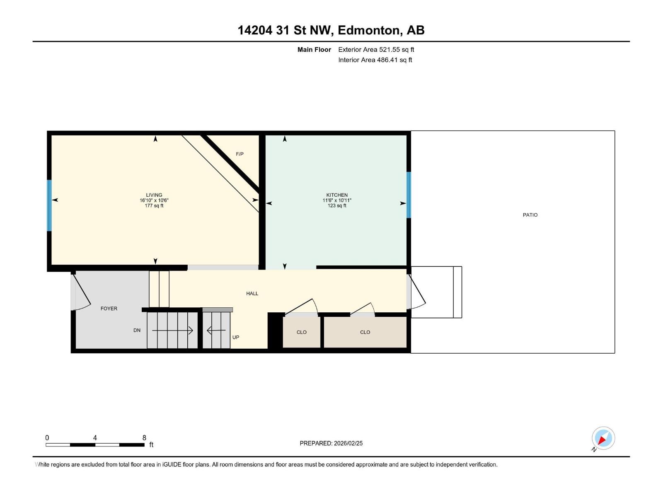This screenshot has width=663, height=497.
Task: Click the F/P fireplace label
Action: pos(240,154)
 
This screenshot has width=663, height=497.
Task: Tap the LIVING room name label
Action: pos(154,195)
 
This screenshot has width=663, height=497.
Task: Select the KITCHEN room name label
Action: pos(337,195)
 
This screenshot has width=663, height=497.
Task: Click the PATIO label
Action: pos(530,215)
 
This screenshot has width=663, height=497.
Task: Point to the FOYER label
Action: pos(109,309)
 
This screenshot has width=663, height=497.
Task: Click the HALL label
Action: pos(252,294)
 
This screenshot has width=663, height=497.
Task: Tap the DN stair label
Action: pos(137,330)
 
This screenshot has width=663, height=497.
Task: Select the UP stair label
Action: pos(236,337)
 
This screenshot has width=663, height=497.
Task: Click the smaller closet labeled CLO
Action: pos(302,332)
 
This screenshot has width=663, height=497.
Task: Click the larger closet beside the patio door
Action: pos(365,332)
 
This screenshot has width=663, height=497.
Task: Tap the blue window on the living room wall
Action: pos(49,205)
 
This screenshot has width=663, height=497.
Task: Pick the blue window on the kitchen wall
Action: pos(409,195)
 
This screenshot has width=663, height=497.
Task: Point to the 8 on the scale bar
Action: pos(144,438)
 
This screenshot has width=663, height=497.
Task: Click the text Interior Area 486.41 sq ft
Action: pos(375,60)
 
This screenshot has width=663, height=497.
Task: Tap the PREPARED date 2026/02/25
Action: pos(347,443)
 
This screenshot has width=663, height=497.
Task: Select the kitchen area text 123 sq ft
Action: pos(337,206)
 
